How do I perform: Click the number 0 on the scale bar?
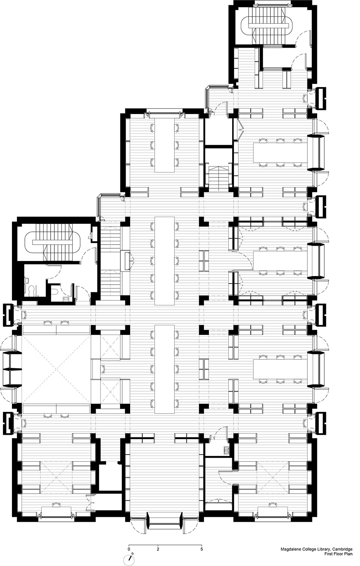(129, 549)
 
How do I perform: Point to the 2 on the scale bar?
(158, 549)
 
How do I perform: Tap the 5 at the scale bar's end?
(202, 549)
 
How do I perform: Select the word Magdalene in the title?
(290, 549)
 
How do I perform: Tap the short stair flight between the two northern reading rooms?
(218, 178)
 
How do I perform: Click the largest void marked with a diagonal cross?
(56, 369)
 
